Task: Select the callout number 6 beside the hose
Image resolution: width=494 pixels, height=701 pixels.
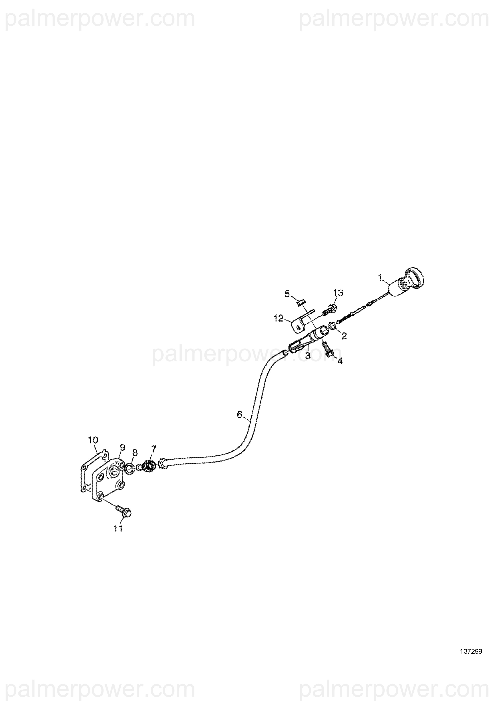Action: click(240, 414)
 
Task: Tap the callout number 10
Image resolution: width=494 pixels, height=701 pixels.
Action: click(93, 440)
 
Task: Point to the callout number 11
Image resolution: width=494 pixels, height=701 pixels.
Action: click(118, 529)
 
